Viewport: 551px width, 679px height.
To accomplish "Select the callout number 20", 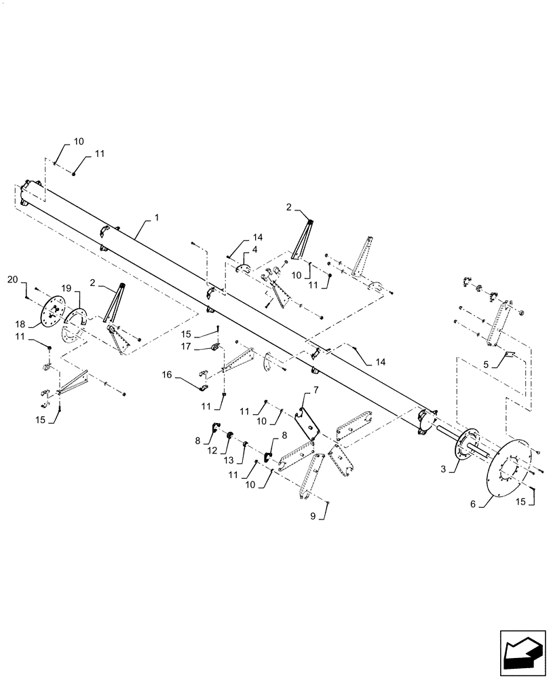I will [x=13, y=279].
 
